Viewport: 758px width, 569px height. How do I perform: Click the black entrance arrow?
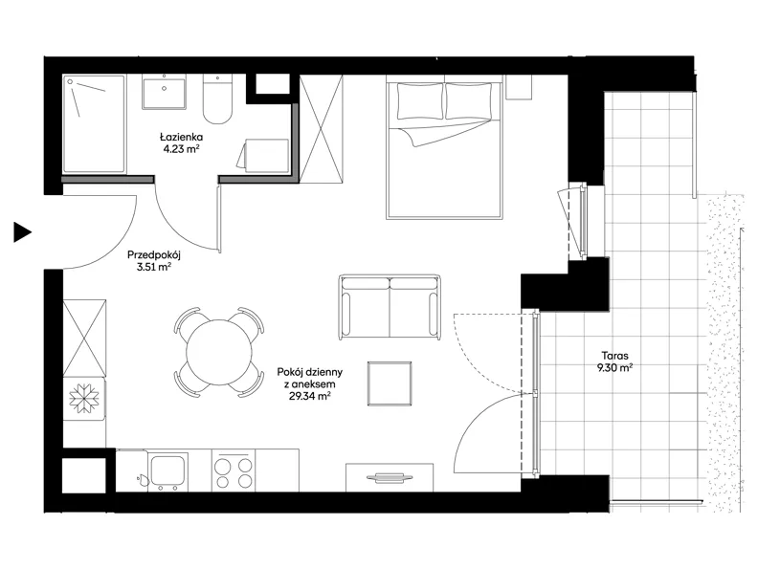click(x=21, y=232)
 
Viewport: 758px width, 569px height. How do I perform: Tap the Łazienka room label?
click(x=181, y=137)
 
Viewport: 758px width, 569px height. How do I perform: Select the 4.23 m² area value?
click(x=181, y=149)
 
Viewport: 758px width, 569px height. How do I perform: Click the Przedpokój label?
click(x=154, y=255)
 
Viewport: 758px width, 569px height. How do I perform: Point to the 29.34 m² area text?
click(x=309, y=396)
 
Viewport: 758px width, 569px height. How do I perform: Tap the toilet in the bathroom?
click(x=217, y=98)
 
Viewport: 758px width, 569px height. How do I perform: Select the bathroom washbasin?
click(x=164, y=92)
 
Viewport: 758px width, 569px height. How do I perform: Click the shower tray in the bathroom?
click(x=94, y=123)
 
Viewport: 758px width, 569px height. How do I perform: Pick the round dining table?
click(x=219, y=352)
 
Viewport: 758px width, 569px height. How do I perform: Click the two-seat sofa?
click(x=390, y=307)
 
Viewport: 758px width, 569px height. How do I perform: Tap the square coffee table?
click(x=390, y=383)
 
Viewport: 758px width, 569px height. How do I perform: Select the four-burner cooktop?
click(x=234, y=471)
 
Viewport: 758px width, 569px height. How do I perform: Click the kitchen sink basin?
click(x=167, y=471)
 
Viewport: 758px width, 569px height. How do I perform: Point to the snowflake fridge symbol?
click(x=84, y=399)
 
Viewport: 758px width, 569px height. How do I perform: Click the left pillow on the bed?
click(x=420, y=101)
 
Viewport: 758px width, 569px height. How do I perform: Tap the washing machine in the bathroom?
click(x=266, y=156)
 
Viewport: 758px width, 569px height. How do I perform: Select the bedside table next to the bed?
click(x=519, y=87)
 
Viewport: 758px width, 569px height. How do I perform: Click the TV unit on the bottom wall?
click(x=390, y=478)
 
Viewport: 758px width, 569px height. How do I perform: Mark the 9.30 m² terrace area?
click(x=614, y=368)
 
